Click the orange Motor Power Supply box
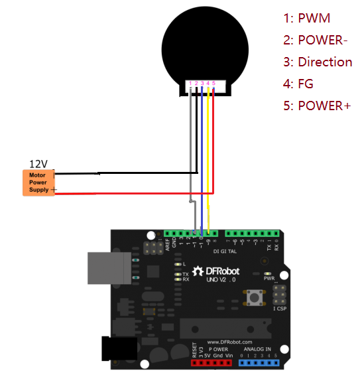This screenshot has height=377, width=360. (38, 183)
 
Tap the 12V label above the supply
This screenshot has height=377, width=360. (38, 163)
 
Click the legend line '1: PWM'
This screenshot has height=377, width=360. (306, 18)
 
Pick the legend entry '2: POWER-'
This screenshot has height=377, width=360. (316, 40)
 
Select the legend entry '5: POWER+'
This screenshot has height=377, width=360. (317, 106)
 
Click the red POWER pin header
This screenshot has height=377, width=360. (211, 364)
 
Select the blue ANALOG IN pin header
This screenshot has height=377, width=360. (259, 364)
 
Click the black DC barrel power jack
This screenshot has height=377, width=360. (116, 350)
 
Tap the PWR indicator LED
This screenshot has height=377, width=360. (268, 273)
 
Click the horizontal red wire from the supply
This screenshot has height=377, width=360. (133, 194)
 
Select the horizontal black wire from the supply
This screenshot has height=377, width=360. (126, 173)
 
